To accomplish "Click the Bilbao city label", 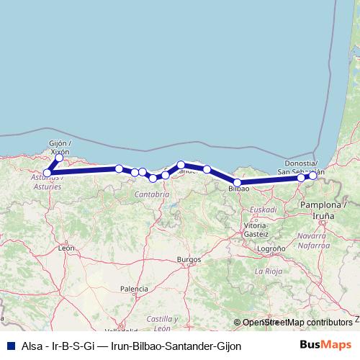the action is tap(238, 189).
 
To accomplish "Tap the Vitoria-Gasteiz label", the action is tap(256, 230).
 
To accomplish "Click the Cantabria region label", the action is tap(152, 194).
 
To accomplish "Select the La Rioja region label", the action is tap(268, 271).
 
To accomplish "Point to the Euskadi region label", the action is tap(263, 210).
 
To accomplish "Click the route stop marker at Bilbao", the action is tap(238, 182).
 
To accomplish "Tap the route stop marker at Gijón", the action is tap(59, 158).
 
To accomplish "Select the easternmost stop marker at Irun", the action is tap(312, 176).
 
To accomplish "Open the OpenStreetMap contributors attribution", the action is tap(297, 323).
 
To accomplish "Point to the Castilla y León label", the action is tap(163, 323).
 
